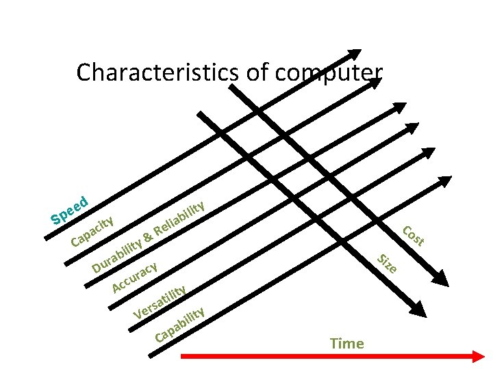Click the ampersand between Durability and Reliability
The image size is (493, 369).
point(147,237)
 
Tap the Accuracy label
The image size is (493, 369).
point(136,275)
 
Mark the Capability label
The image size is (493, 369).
point(180,325)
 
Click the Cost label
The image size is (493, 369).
point(413,235)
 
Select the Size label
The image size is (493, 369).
point(388,262)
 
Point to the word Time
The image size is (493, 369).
point(347,343)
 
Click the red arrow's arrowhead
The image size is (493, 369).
point(477,355)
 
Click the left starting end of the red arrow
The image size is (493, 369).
point(182,355)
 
